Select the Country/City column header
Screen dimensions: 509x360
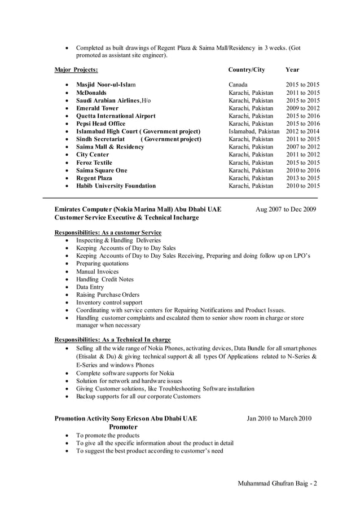click(x=246, y=70)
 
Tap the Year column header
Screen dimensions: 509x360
click(x=292, y=70)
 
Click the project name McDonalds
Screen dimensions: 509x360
click(x=91, y=93)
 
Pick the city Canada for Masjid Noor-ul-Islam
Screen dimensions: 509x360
click(x=238, y=85)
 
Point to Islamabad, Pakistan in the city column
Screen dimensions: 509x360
click(x=253, y=131)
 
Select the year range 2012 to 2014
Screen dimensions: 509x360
click(x=302, y=131)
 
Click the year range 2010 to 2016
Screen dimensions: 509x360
click(x=302, y=170)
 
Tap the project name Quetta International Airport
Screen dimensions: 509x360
click(x=116, y=116)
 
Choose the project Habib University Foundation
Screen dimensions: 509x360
click(x=116, y=186)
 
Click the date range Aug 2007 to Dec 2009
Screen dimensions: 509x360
click(x=286, y=209)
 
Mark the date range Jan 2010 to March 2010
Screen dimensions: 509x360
click(x=279, y=419)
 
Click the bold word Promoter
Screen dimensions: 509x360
click(x=123, y=427)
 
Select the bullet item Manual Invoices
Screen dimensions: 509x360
click(x=98, y=271)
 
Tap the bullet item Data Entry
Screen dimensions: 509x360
click(x=90, y=287)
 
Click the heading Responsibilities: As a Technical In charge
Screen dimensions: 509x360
click(x=112, y=340)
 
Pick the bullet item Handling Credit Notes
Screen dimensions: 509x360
click(x=105, y=279)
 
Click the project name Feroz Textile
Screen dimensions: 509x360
click(x=94, y=163)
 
